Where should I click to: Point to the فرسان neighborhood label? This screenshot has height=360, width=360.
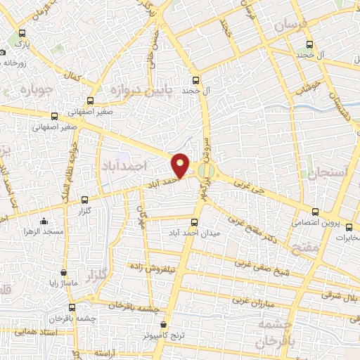pos(290,25)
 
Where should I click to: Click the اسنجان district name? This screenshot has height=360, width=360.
pos(327,172)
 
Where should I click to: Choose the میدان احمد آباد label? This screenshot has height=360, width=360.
pos(191,232)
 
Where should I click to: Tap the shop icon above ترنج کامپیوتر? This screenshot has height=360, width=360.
pos(164,325)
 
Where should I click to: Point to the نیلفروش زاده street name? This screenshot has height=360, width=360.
pos(156,268)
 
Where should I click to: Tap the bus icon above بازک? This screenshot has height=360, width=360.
pos(23,32)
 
